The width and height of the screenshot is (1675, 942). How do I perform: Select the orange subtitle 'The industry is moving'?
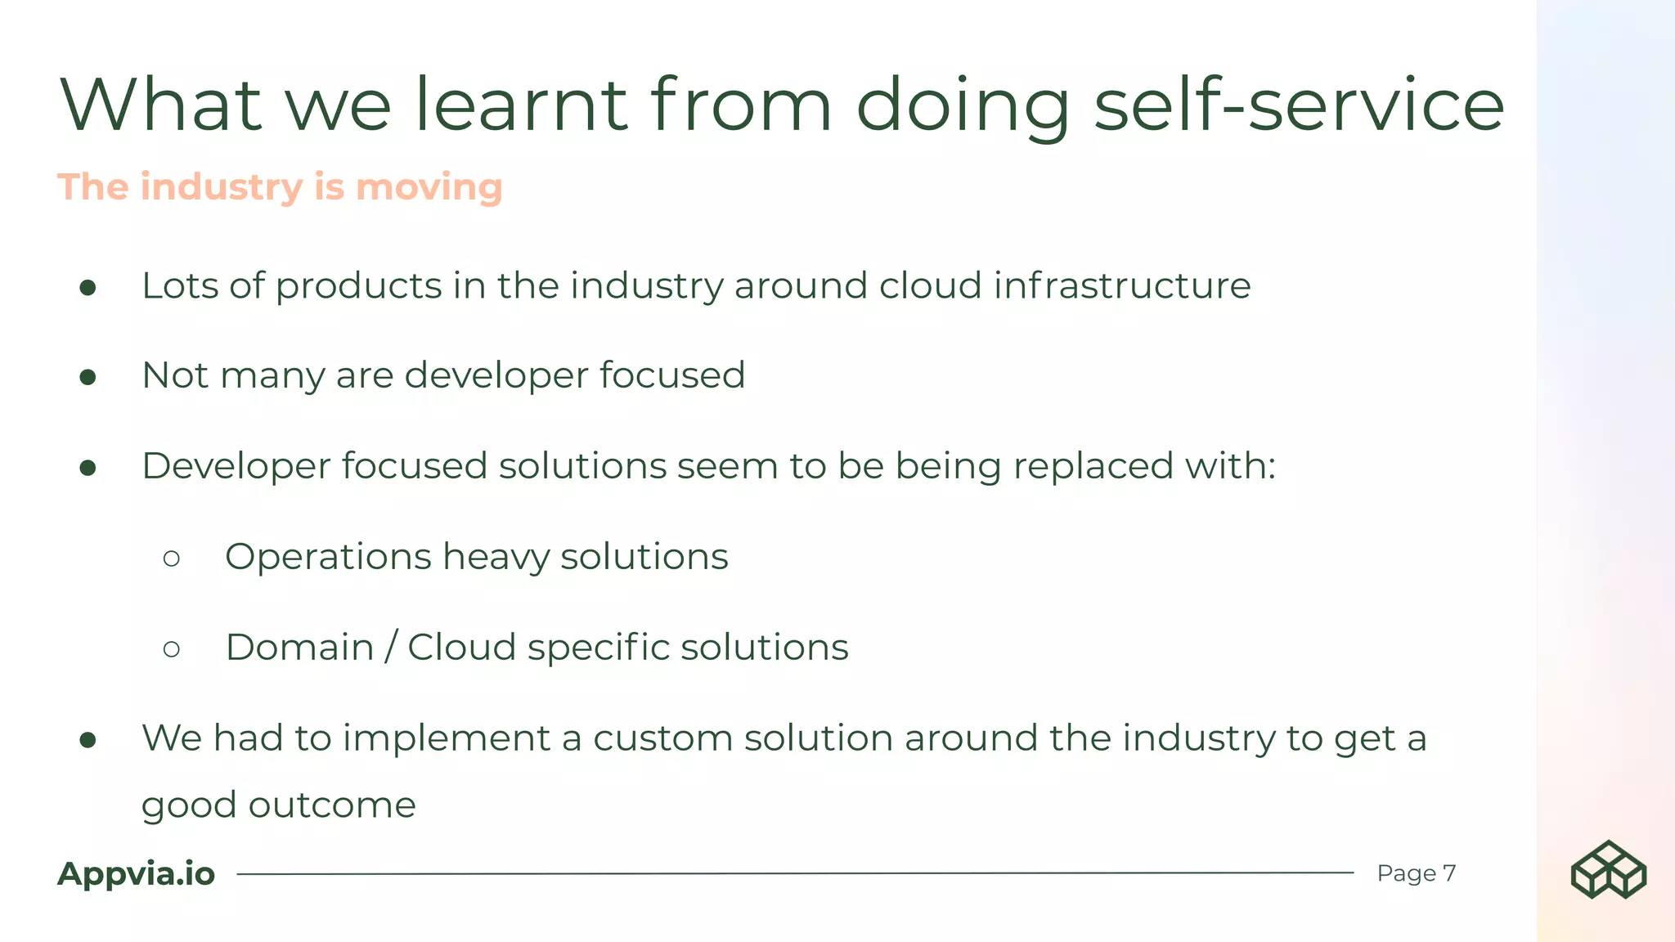coord(280,187)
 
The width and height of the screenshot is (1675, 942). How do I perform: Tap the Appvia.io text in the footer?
coord(136,874)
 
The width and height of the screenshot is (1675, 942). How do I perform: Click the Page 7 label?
coord(1416,873)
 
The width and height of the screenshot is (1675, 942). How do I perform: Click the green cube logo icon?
coord(1608,870)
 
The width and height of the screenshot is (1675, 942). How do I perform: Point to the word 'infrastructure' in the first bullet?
coord(1122,286)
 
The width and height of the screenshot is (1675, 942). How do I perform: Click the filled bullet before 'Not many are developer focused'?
coord(88,377)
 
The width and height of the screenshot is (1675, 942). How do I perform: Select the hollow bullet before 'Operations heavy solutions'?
coord(171,558)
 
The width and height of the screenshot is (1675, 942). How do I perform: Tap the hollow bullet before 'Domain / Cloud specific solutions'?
coord(171,649)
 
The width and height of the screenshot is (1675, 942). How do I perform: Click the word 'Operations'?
coord(328,558)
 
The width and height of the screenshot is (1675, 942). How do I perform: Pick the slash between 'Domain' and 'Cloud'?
coord(391,647)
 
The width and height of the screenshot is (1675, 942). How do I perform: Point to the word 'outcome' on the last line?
coord(332,805)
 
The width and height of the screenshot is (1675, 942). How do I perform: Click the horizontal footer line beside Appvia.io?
coord(793,873)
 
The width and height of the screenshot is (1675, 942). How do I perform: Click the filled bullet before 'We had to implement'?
coord(88,740)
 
